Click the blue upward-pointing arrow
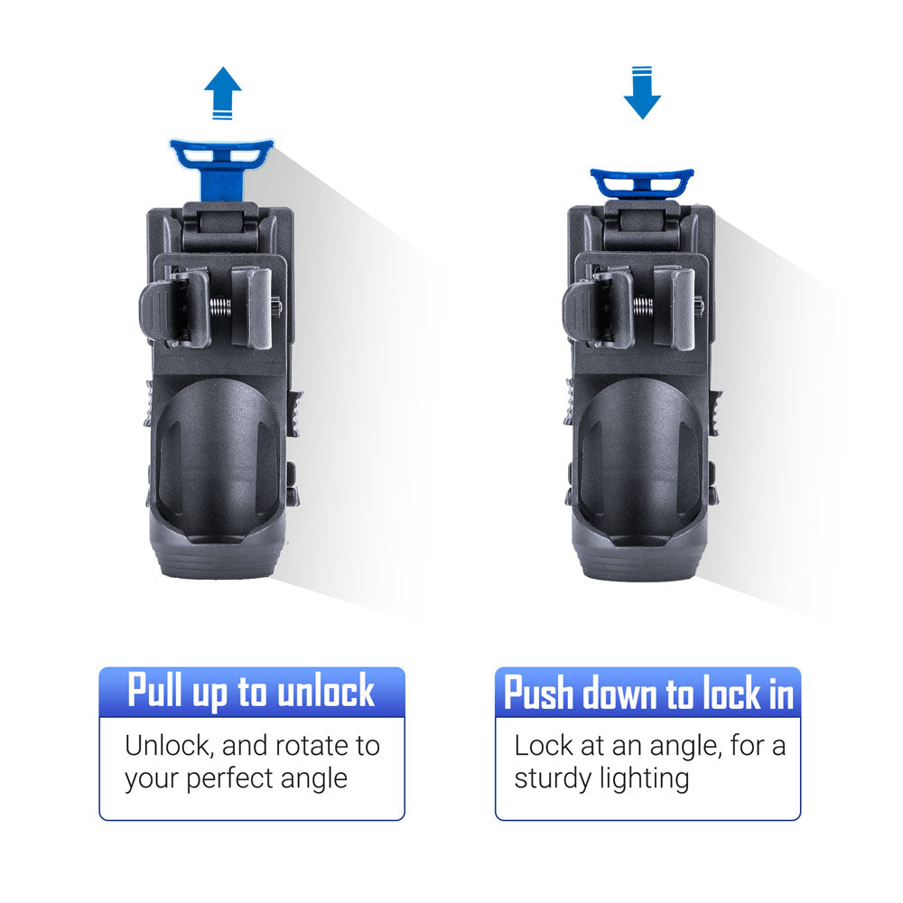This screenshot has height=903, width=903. [x=222, y=92]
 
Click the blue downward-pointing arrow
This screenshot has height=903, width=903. [x=642, y=93]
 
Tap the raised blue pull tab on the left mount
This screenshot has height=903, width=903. [x=222, y=167]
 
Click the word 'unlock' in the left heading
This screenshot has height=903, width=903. [x=326, y=691]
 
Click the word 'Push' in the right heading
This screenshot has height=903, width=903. [x=539, y=693]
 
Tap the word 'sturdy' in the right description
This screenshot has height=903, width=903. [x=554, y=779]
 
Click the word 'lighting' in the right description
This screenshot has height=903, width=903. [x=645, y=779]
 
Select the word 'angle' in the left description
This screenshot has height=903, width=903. [x=314, y=780]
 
